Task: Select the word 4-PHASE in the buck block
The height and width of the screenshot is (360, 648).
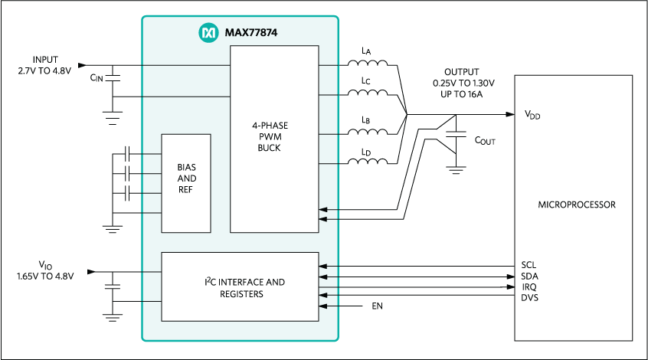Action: pyautogui.click(x=274, y=125)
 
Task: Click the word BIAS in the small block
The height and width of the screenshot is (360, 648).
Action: pyautogui.click(x=186, y=166)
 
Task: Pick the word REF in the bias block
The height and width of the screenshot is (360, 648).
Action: pyautogui.click(x=186, y=189)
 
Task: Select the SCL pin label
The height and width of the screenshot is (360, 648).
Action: pyautogui.click(x=529, y=265)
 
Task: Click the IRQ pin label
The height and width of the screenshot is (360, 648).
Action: pyautogui.click(x=529, y=286)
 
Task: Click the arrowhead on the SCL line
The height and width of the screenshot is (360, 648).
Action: pyautogui.click(x=323, y=267)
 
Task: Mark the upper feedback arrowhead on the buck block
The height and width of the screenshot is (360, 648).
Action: pyautogui.click(x=323, y=209)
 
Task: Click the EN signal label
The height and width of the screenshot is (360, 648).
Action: pyautogui.click(x=376, y=306)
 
